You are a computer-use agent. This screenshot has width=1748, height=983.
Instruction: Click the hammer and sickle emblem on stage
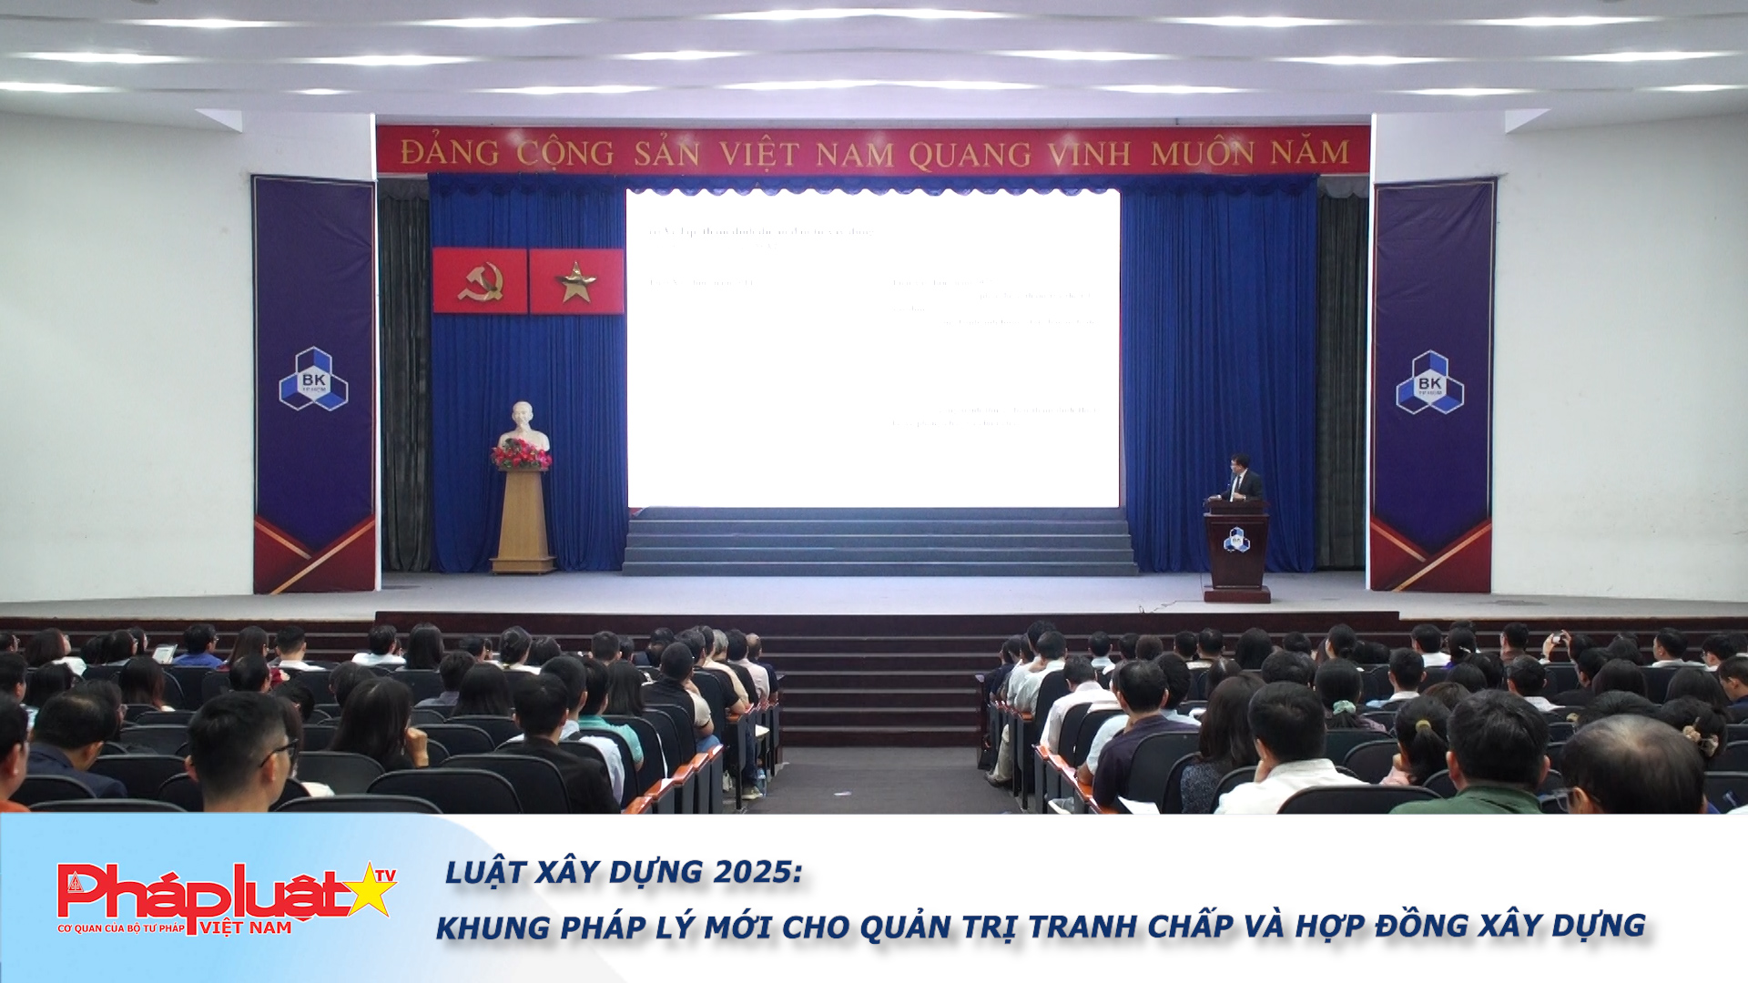click(480, 281)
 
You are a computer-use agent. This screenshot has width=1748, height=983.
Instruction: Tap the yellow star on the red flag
click(576, 282)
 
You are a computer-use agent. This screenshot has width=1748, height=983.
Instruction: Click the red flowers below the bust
click(522, 454)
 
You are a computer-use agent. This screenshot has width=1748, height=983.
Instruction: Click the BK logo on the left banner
click(313, 379)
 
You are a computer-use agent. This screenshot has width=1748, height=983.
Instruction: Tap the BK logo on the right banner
click(1429, 382)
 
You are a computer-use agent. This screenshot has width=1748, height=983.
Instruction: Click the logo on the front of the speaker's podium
click(1236, 539)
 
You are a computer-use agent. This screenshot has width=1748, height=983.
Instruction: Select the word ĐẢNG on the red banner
click(450, 153)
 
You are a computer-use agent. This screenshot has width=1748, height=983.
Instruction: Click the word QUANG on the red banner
click(970, 154)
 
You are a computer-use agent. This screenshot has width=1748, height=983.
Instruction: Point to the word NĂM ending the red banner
click(1310, 152)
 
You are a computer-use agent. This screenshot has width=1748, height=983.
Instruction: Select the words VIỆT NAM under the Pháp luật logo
click(246, 928)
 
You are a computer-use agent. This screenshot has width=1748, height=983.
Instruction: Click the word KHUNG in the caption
click(493, 927)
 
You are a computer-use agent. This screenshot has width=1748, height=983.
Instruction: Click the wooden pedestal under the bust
click(523, 521)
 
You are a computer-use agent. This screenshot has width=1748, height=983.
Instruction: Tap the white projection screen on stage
click(872, 348)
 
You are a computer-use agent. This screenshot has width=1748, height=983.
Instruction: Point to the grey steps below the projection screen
click(879, 542)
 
